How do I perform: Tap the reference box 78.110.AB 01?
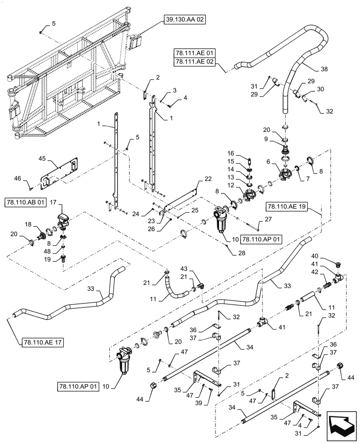(25, 203)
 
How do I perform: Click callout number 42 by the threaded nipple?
(326, 272)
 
